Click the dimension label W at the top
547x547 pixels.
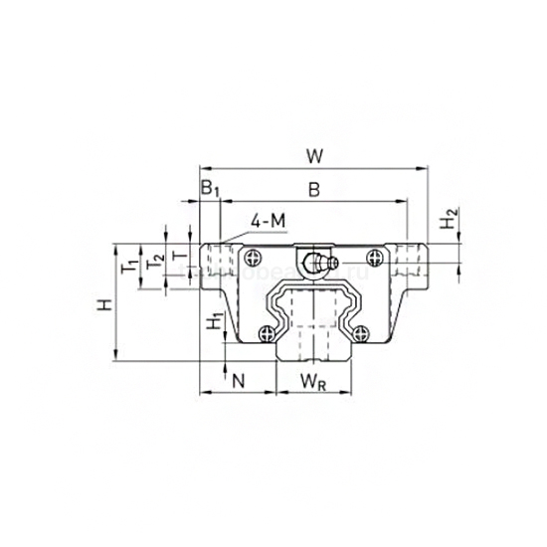click(x=313, y=155)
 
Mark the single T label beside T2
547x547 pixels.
click(x=179, y=256)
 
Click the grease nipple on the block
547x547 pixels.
click(x=318, y=265)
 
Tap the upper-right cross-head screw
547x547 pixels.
click(x=375, y=259)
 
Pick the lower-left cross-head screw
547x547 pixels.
click(x=266, y=334)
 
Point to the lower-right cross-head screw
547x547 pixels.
click(x=361, y=334)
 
